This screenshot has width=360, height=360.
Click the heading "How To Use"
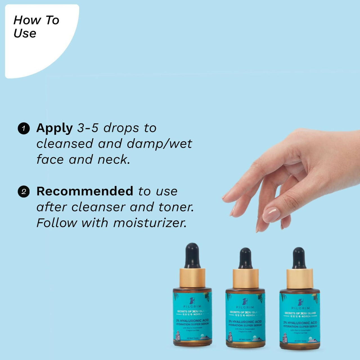click(x=36, y=26)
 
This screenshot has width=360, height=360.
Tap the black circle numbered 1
click(x=24, y=129)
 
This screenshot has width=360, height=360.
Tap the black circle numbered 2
click(x=24, y=192)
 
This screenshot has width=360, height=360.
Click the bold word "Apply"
click(x=55, y=128)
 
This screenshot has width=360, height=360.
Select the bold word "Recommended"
click(x=85, y=191)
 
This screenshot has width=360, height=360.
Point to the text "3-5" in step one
click(x=88, y=128)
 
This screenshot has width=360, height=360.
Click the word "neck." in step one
click(x=114, y=159)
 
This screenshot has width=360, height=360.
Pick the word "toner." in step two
click(x=176, y=207)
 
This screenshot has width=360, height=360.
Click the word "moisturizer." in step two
click(x=150, y=223)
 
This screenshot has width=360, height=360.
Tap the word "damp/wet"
click(x=159, y=144)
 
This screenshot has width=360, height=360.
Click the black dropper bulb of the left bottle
click(x=192, y=255)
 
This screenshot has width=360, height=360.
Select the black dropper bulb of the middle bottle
click(x=246, y=258)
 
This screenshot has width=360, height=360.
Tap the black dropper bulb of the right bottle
click(x=299, y=258)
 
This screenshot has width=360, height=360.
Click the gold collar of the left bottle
click(x=192, y=278)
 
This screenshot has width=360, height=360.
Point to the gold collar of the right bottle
click(x=300, y=278)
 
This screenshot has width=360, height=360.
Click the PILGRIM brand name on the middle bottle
click(x=245, y=307)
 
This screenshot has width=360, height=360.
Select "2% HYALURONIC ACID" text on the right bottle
click(x=300, y=323)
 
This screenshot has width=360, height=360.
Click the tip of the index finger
click(x=225, y=198)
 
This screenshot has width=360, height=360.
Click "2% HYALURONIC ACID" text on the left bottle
click(x=192, y=321)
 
